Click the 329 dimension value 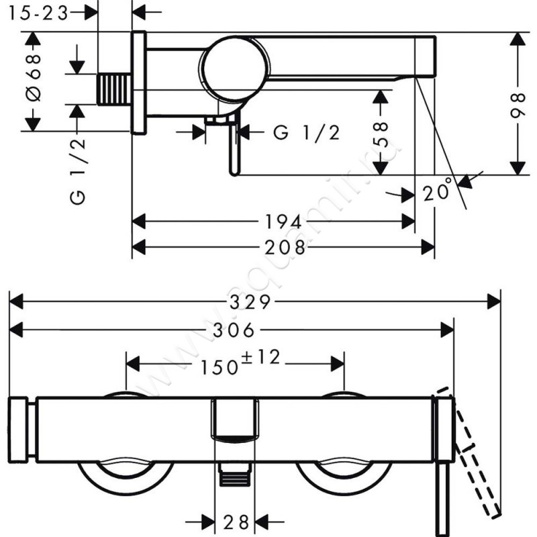(250, 302)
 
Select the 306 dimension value (235, 330)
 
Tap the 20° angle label (436, 193)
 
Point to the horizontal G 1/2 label (307, 133)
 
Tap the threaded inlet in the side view (114, 89)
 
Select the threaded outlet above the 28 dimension (234, 476)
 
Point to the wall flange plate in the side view (139, 83)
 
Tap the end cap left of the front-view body (18, 430)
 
